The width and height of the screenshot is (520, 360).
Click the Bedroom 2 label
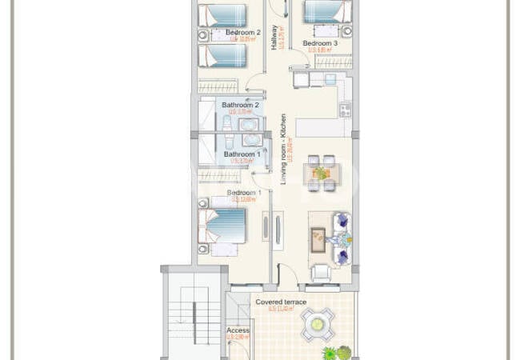pyautogui.click(x=242, y=32)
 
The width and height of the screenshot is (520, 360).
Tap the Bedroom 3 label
pyautogui.click(x=320, y=43)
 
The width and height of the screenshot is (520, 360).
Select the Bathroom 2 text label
pyautogui.click(x=241, y=105)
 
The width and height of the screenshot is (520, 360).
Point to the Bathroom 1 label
pyautogui.click(x=242, y=154)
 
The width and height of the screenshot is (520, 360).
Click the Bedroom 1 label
pyautogui.click(x=244, y=193)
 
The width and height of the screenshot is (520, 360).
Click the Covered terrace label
pyautogui.click(x=281, y=302)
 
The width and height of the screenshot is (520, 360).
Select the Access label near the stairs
pyautogui.click(x=238, y=330)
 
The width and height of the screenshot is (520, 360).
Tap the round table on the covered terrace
pyautogui.click(x=318, y=323)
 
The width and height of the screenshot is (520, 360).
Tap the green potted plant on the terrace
pyautogui.click(x=336, y=352)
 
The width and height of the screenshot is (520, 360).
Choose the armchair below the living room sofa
pyautogui.click(x=320, y=273)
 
